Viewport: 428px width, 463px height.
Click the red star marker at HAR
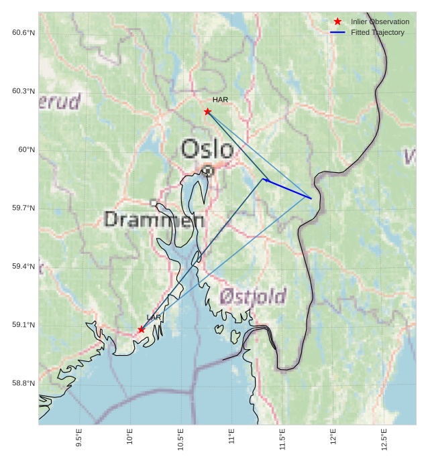pos(207,111)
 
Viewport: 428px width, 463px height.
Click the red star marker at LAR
pos(141,329)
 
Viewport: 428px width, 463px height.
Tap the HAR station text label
pos(220,100)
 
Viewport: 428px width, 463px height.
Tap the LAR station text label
pos(154,317)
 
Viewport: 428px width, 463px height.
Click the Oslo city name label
pos(208,149)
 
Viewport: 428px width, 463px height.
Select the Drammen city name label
pos(154,219)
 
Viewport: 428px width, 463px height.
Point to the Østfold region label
pos(253,295)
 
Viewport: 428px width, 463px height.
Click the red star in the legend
pos(337,21)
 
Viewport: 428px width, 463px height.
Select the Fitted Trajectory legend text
pos(378,32)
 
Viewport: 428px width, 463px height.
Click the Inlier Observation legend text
pos(380,21)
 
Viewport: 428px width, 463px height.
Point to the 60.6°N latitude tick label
pos(23,33)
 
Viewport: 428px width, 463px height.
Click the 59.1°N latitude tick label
pos(23,325)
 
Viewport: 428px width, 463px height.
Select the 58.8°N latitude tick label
pos(23,383)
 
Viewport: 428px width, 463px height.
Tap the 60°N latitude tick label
pos(26,149)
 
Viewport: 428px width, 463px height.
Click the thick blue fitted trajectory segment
pos(288,188)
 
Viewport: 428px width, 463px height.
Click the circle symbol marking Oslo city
pos(208,170)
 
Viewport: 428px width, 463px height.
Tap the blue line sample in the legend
pos(337,32)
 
